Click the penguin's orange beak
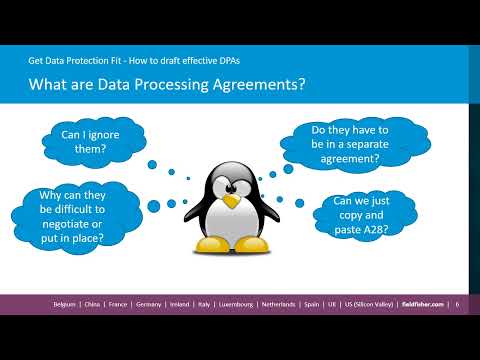click(232, 201)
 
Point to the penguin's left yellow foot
click(213, 244)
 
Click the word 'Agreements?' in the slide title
click(257, 85)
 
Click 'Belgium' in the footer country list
click(68, 304)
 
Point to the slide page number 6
click(458, 304)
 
